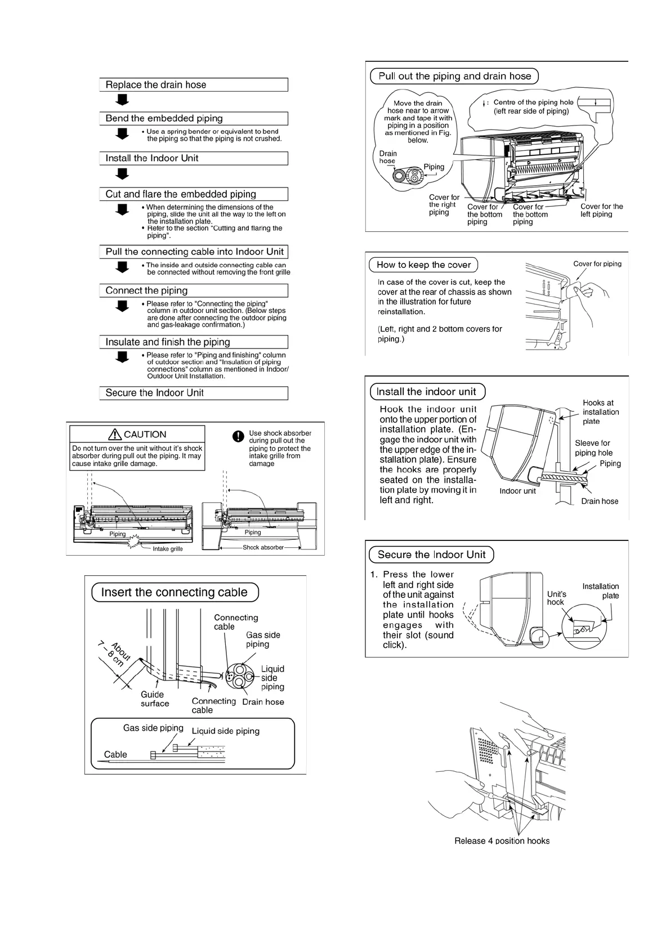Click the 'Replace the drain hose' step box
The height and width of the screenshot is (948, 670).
tap(193, 85)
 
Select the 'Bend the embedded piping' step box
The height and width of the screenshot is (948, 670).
tap(193, 118)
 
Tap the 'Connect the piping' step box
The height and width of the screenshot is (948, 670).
tap(193, 290)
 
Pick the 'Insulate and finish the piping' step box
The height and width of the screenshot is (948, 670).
tap(193, 342)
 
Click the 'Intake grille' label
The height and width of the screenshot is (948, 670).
tap(168, 548)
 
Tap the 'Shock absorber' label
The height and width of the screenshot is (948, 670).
tap(263, 547)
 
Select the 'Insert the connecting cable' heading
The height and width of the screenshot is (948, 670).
tap(175, 592)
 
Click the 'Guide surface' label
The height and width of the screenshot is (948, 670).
tap(154, 699)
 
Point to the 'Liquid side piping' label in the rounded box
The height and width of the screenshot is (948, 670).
tap(225, 731)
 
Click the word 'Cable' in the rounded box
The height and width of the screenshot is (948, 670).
tap(115, 754)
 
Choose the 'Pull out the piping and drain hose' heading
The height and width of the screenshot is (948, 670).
tap(454, 76)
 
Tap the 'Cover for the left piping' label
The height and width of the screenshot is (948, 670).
tap(601, 210)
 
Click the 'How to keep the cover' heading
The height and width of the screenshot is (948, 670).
tap(423, 265)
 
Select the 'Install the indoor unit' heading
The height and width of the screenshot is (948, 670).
tap(426, 391)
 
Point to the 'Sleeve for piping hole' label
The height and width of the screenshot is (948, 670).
tap(593, 448)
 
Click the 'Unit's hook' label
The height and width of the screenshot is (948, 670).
tap(557, 598)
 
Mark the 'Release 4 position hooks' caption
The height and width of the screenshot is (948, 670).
tap(502, 841)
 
